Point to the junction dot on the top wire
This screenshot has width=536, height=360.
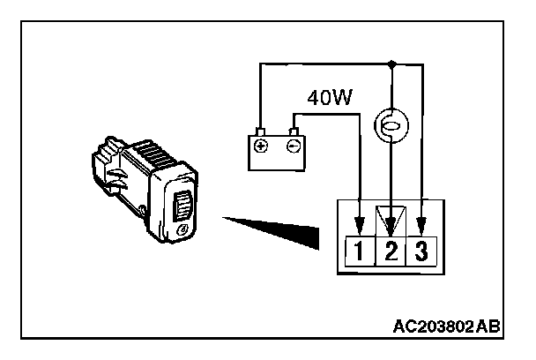[x=391, y=64]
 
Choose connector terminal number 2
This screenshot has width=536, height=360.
[x=391, y=251]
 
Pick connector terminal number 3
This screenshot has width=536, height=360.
[x=421, y=251]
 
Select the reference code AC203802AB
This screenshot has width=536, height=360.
[x=448, y=327]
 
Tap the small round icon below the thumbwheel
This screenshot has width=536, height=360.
[x=181, y=231]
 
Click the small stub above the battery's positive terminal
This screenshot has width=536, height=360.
[x=261, y=132]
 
